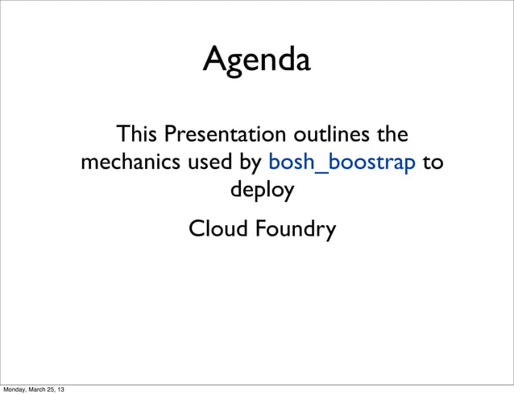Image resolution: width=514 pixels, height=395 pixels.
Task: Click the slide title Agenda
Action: pos(256,60)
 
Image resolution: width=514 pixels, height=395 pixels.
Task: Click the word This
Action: pos(136,134)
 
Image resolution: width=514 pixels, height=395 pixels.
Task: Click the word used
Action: pos(210,163)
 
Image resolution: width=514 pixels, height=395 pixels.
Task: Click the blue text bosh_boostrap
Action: pos(342,163)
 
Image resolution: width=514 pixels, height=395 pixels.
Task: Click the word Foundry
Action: pos(295,230)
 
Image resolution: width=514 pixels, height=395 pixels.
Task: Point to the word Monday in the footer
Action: pos(17,390)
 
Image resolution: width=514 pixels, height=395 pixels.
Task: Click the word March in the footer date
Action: pos(44,390)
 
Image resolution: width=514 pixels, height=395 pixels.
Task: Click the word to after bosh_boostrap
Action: pos(433,163)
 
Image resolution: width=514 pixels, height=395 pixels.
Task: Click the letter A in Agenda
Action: pos(213,60)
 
